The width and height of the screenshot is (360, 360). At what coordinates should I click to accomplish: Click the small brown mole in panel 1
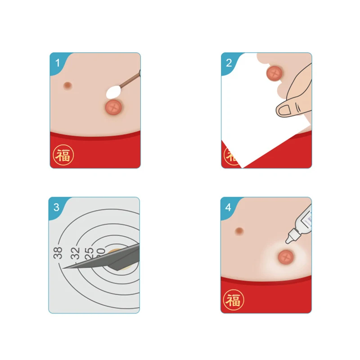coord(68,85)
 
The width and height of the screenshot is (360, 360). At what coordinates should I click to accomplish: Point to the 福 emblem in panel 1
coord(63,155)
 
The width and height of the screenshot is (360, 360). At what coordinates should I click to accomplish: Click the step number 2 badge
coord(229,62)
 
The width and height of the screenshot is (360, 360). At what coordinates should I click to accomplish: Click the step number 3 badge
coord(56,207)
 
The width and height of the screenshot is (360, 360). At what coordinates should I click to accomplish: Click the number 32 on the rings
coord(75,253)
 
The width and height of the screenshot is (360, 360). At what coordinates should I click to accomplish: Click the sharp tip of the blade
coord(64,268)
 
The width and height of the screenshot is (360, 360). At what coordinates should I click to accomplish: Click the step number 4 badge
coord(229,207)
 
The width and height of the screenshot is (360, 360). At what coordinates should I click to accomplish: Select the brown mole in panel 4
coord(239,231)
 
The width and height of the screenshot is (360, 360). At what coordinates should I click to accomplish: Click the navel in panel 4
coord(285,258)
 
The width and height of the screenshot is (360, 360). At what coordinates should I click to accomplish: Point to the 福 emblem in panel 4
coord(234,299)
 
